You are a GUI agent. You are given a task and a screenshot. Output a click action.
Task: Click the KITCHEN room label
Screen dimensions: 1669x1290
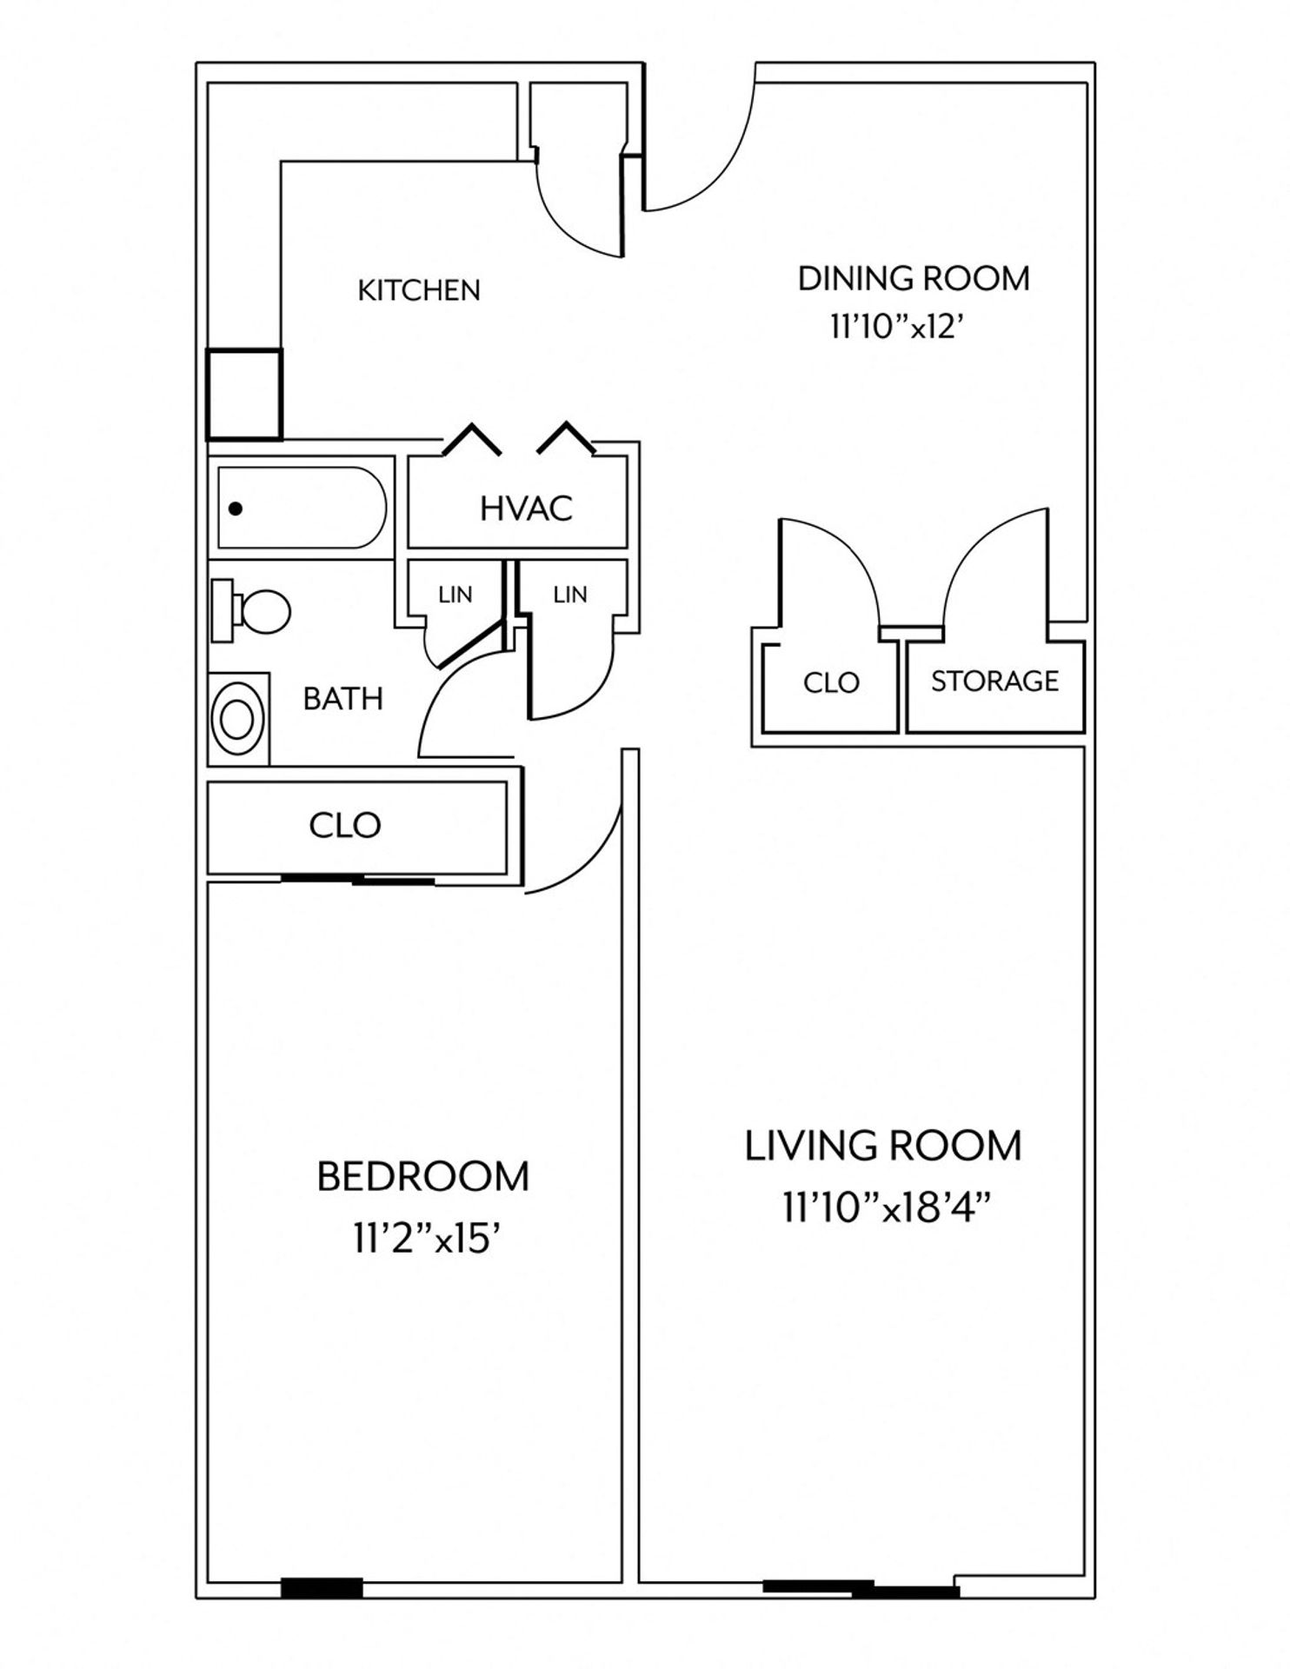[x=419, y=290]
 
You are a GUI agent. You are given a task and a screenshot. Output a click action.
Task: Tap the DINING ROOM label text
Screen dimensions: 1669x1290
[x=914, y=279]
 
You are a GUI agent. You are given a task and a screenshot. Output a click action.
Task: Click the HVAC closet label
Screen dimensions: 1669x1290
[x=526, y=509]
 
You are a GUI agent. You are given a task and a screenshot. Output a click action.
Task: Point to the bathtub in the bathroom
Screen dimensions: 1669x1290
[x=301, y=509]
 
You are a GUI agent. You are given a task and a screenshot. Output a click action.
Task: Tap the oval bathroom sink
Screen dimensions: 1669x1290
[x=237, y=719]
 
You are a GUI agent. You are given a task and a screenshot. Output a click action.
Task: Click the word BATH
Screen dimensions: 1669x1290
[x=342, y=699]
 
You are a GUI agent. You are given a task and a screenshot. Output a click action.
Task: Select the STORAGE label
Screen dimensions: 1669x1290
[x=994, y=681]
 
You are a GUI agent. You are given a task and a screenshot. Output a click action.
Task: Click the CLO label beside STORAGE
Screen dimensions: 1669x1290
[x=831, y=683]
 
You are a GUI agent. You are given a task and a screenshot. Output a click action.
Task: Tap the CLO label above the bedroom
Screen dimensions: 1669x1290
[x=344, y=825]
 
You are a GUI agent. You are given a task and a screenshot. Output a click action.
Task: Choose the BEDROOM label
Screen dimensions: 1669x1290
[x=422, y=1177]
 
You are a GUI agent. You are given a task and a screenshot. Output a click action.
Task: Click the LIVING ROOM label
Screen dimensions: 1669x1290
[x=883, y=1146]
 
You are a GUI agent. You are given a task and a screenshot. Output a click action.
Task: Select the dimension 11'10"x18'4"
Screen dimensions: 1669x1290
[x=887, y=1208]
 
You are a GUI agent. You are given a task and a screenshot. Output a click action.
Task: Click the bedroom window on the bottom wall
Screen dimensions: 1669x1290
[x=321, y=1587]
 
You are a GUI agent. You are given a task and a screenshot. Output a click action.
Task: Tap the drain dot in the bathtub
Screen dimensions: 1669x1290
[x=235, y=509]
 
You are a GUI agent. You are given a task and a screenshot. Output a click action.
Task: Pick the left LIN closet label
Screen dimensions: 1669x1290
[x=455, y=595]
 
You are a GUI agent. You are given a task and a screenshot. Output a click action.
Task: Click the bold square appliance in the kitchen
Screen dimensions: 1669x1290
[x=243, y=394]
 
